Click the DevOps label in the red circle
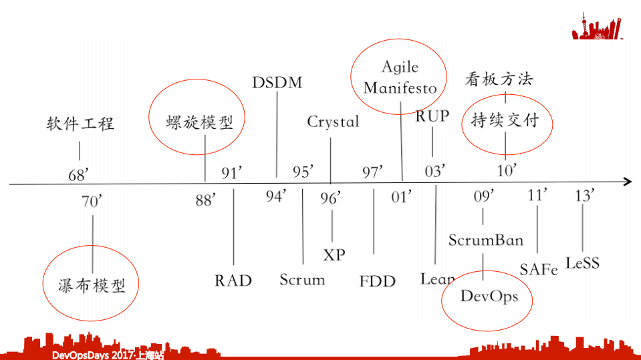[x=489, y=296]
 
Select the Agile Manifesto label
[x=400, y=77]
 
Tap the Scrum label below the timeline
[x=302, y=279]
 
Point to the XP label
[x=334, y=254]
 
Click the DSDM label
[x=277, y=83]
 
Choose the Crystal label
[x=333, y=122]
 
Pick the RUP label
[x=432, y=116]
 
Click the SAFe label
[x=539, y=269]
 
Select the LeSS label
[x=582, y=262]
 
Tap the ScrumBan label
[x=486, y=240]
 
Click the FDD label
[x=378, y=281]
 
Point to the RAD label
[x=233, y=280]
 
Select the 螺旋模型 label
[x=199, y=123]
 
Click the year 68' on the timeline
[x=79, y=176]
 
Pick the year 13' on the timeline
[x=585, y=196]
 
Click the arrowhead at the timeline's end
[x=627, y=182]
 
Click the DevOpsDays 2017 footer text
[x=107, y=355]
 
